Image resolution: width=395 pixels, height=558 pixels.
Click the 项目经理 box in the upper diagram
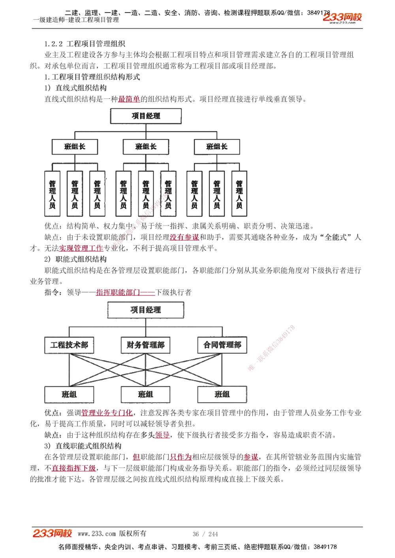pos(146,116)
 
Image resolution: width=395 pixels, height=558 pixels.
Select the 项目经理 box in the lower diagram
pos(146,310)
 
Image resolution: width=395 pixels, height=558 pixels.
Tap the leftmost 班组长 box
pos(75,147)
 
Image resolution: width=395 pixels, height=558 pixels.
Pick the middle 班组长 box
pos(146,147)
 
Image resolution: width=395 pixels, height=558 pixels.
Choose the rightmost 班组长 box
pos(217,147)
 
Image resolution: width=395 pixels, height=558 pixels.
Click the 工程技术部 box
pos(69,345)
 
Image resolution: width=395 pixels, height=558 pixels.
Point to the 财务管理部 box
pos(145,345)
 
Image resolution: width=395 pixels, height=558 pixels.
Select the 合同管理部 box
pos(222,345)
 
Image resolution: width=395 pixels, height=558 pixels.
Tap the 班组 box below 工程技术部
pos(69,394)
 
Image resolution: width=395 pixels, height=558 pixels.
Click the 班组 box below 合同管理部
pos(222,394)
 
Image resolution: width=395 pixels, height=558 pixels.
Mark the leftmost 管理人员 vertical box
pos(53,194)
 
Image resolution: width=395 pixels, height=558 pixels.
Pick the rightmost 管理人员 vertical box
pos(239,194)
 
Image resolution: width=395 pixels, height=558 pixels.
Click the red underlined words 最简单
pos(129,99)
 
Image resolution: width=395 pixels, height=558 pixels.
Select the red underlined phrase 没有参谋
pos(184,237)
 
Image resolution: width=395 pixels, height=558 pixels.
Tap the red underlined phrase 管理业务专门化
pos(107,413)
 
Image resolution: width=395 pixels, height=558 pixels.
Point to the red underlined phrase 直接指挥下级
pos(74,468)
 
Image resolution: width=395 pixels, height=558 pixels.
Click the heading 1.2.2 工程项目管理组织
pos(85,44)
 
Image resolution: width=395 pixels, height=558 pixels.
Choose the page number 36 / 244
pos(205,534)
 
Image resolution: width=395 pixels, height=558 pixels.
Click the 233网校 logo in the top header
pos(342,18)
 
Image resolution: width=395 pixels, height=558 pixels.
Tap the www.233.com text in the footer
pos(97,534)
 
